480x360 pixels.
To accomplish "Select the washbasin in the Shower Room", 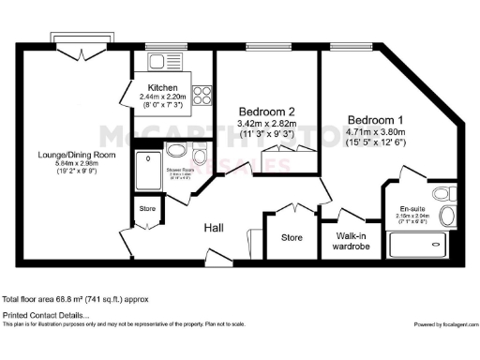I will coord(176,151).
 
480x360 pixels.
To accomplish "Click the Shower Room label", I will coord(180,170).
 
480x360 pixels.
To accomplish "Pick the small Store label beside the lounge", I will coord(147,208).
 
